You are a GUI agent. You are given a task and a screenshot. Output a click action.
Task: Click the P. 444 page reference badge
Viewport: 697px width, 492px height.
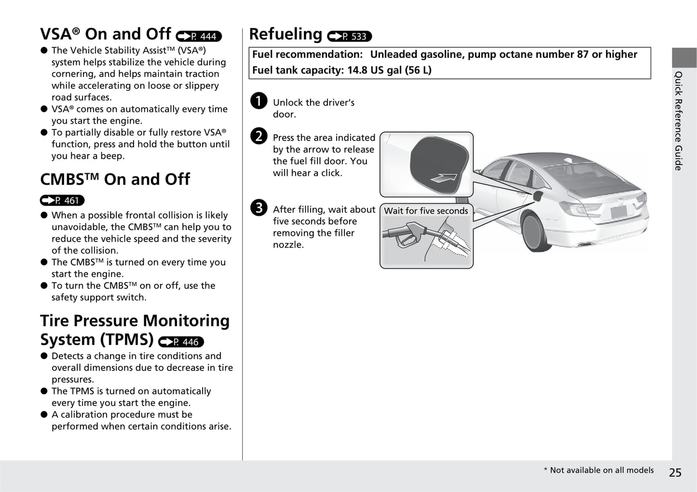(199, 36)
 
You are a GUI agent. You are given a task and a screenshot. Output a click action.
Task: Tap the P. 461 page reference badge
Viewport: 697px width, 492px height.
(62, 200)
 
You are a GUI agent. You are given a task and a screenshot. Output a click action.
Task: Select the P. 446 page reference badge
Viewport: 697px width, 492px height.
(181, 342)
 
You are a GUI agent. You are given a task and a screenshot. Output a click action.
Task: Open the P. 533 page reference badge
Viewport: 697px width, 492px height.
(349, 36)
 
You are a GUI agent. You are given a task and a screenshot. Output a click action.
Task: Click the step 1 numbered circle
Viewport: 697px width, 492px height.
(259, 101)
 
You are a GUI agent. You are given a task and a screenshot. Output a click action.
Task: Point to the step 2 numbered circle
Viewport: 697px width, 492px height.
(259, 136)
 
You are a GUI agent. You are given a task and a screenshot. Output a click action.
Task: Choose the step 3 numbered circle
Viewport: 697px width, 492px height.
(259, 208)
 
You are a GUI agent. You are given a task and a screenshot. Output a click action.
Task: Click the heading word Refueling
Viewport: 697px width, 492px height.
(286, 34)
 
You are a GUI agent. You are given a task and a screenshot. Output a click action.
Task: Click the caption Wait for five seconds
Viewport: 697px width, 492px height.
(426, 211)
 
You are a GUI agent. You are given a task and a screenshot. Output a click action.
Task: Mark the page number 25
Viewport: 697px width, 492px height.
(675, 472)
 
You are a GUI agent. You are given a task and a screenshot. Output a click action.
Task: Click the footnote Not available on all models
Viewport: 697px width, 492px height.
(601, 470)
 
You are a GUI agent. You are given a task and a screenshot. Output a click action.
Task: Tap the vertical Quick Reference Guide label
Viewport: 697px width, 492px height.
(678, 121)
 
